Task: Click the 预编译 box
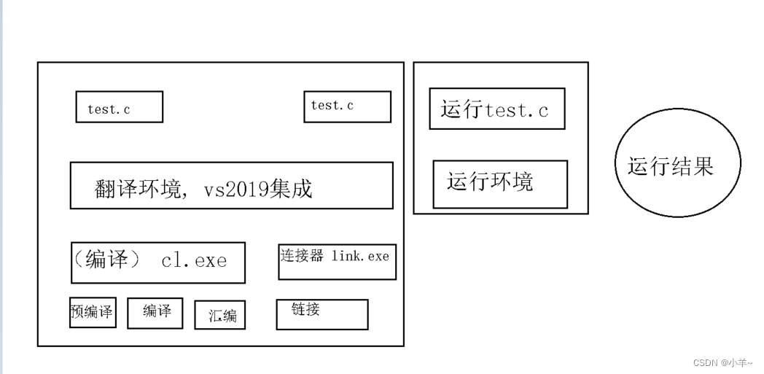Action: coord(93,312)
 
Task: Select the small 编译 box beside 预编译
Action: coord(155,313)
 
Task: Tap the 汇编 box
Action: coord(219,315)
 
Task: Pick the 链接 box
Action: coord(321,314)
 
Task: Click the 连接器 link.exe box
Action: coord(337,262)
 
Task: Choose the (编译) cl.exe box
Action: coord(157,262)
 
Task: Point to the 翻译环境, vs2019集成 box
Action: coord(231,185)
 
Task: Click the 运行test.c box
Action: coord(496,109)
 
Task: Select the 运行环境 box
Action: coord(499,184)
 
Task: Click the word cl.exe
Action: coord(194,260)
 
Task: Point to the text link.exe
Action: coord(360,256)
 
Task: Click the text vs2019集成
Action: coord(258,190)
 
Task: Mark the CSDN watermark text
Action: coord(705,362)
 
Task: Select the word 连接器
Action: coord(302,256)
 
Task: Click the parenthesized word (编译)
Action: coord(107,260)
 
